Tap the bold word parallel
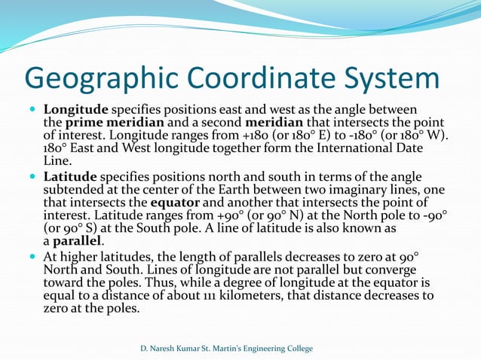point(77,241)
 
